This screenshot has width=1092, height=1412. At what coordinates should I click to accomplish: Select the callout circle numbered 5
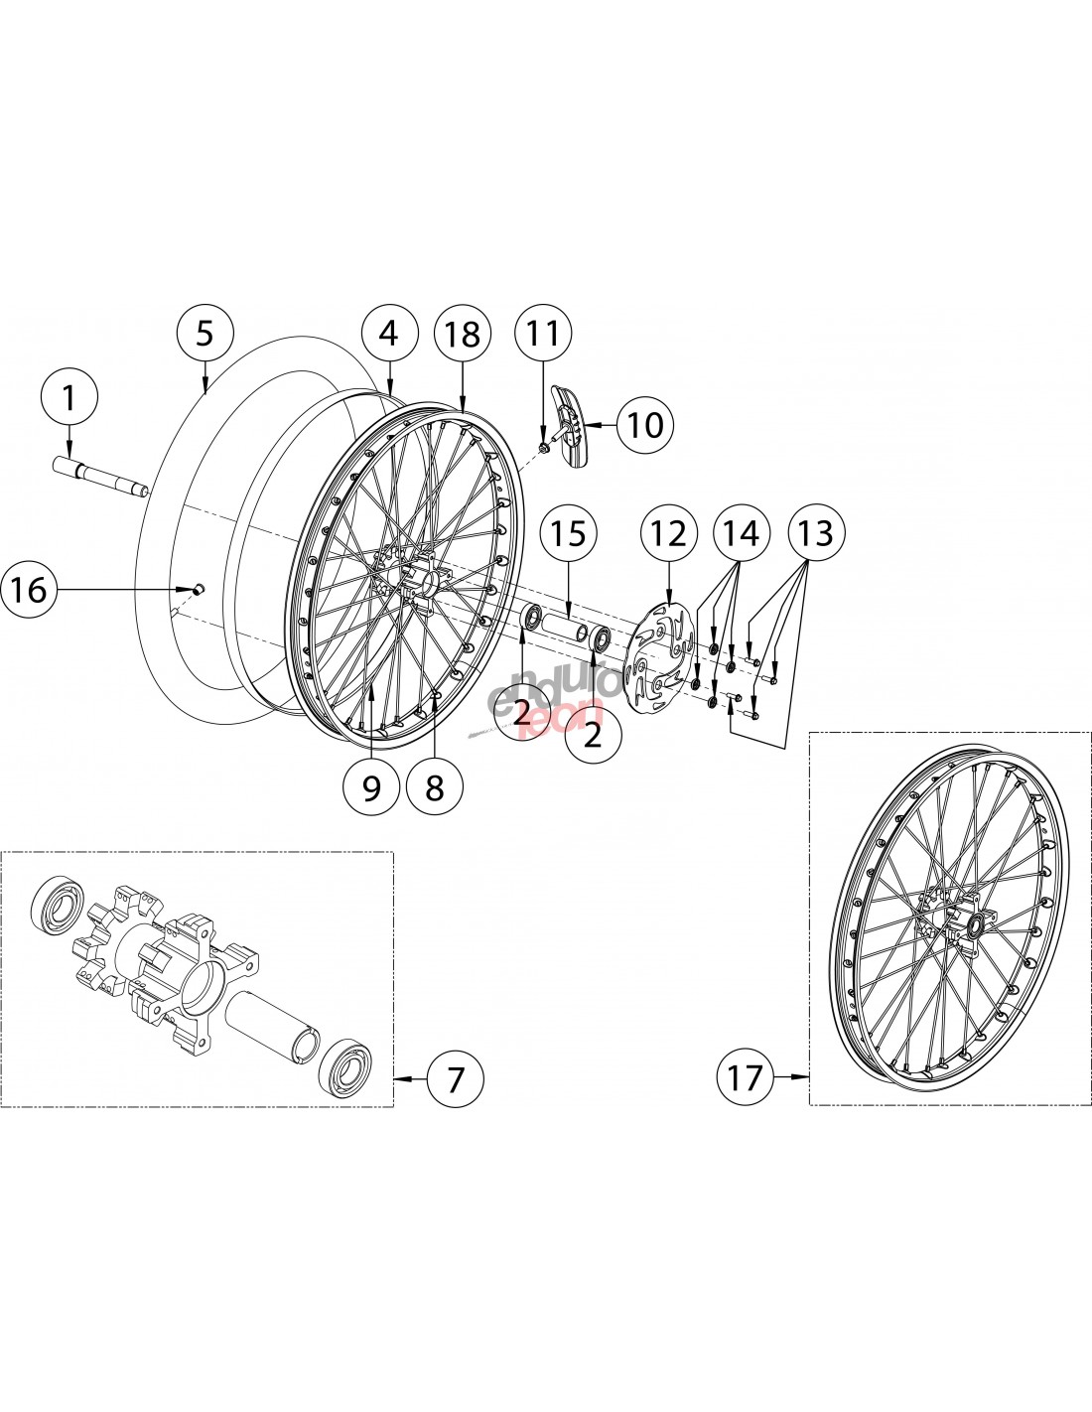coord(205,333)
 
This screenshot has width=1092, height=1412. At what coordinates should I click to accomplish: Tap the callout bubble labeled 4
coord(388,334)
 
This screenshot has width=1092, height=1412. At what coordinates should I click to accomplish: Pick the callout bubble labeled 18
coord(464,334)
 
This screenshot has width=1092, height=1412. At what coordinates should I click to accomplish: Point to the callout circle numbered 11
coord(543,334)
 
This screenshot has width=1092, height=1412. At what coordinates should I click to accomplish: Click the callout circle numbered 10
coord(644,424)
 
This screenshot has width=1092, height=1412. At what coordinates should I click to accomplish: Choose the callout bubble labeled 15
coord(570,533)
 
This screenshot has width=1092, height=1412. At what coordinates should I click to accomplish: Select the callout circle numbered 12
coord(668,533)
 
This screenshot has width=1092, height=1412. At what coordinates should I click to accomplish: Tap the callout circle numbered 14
coord(742,533)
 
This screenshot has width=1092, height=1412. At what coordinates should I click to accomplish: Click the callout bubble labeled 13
coord(815,533)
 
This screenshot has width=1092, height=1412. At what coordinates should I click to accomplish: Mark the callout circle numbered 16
coord(29,590)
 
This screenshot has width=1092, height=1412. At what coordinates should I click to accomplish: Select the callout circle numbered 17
coord(746,1076)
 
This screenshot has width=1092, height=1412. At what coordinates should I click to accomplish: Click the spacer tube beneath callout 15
coord(563,630)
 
